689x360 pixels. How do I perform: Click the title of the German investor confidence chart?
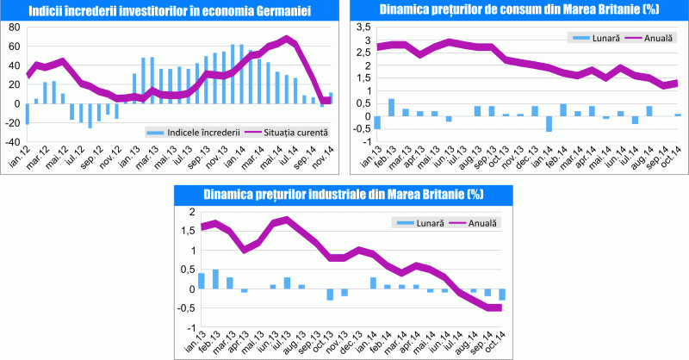(169, 11)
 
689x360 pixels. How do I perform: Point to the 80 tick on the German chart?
(15, 26)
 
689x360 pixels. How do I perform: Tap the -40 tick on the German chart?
(13, 142)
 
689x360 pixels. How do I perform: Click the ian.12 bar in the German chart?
(27, 114)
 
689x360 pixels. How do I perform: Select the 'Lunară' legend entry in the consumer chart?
(592, 39)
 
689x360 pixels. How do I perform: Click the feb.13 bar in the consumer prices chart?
(392, 107)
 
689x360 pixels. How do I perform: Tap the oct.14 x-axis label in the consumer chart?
(674, 157)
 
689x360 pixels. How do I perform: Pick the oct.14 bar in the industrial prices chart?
(501, 295)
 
